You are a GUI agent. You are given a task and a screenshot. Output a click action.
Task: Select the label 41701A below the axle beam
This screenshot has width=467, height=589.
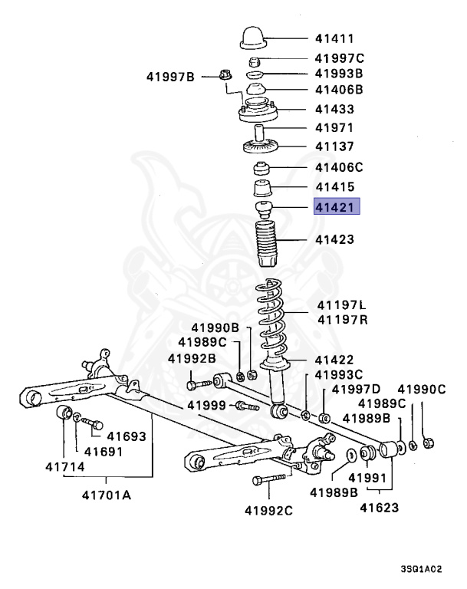point(106,495)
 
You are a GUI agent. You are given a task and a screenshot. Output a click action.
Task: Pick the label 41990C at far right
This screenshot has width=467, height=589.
point(420,389)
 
